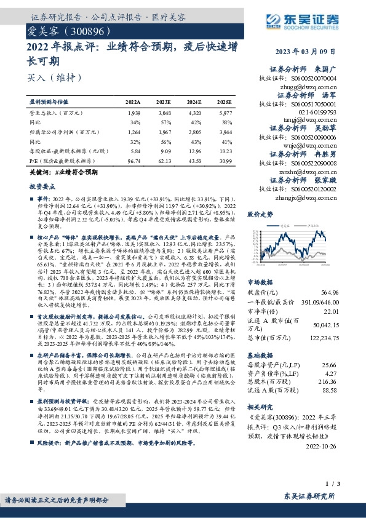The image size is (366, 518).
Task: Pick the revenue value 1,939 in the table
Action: [135, 114]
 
